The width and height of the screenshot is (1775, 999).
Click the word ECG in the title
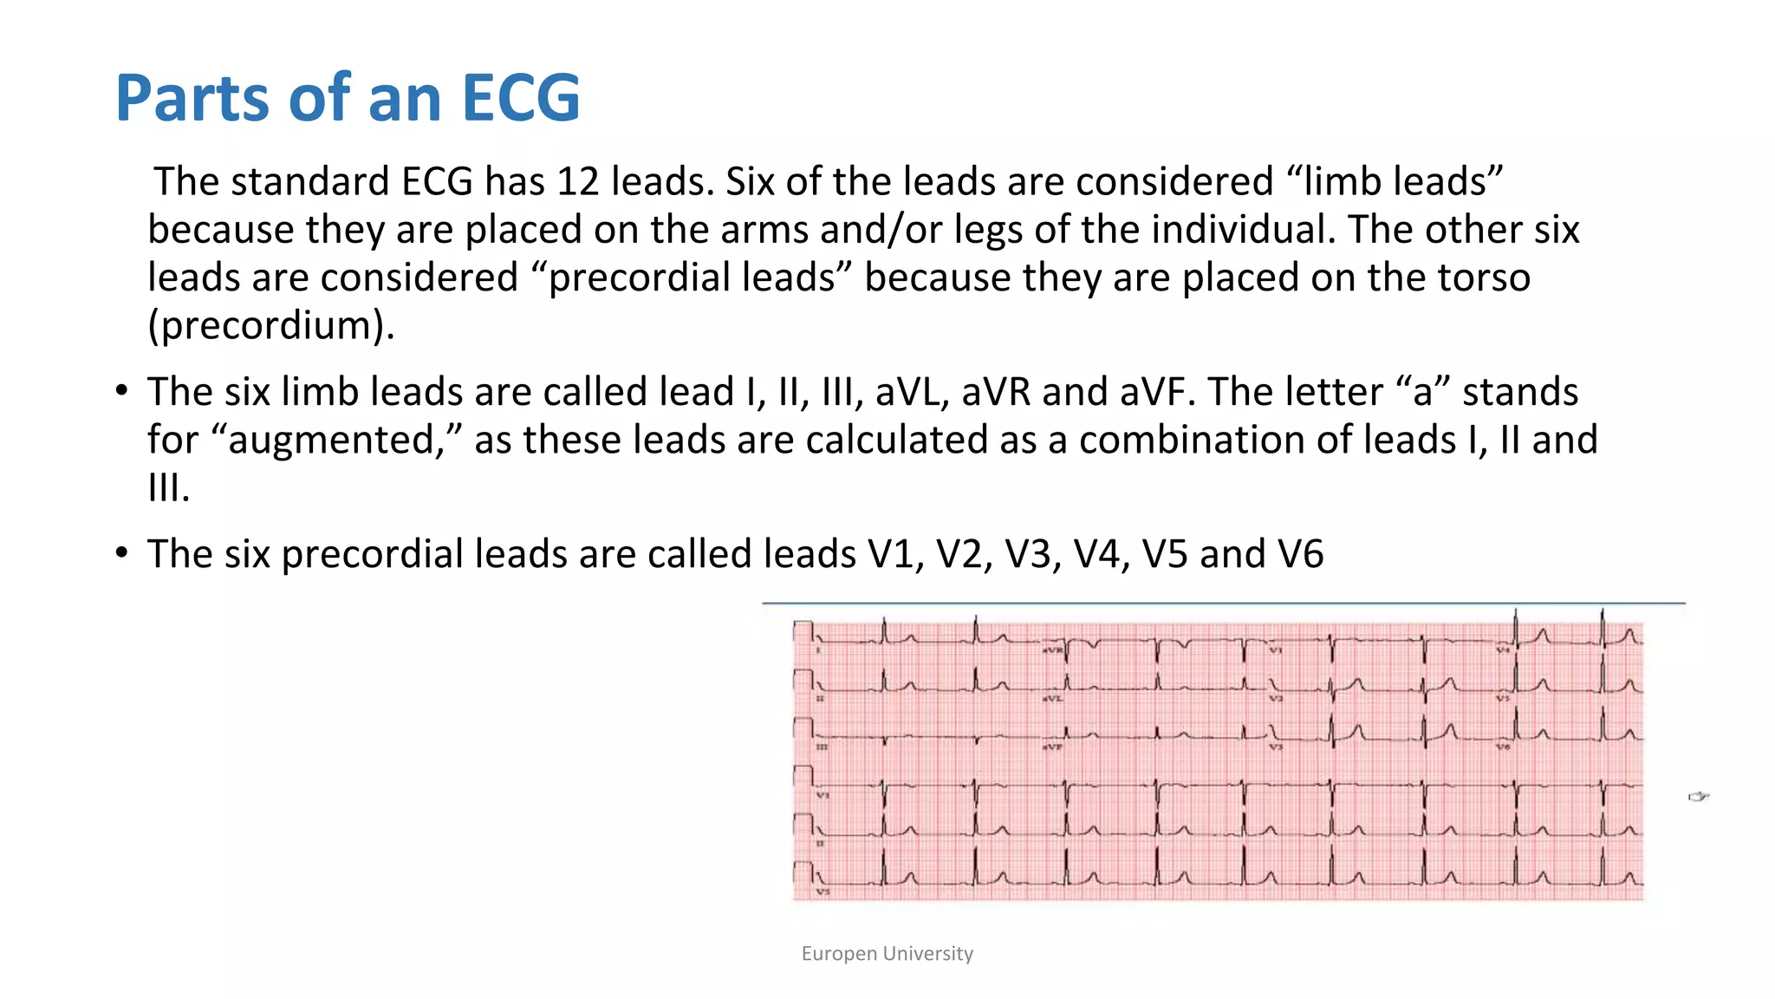[x=520, y=97]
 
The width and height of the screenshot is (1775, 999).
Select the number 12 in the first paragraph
[x=577, y=181]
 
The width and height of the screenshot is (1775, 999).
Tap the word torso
[x=1484, y=277]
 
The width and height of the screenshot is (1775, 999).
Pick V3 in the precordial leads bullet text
[x=1032, y=554]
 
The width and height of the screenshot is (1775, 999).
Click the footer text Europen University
[x=887, y=954]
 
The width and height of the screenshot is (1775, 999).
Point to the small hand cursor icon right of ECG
[x=1698, y=796]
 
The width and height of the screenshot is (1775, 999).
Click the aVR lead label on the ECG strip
[x=1052, y=650]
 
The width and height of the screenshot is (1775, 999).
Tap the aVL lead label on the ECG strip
[x=1052, y=698]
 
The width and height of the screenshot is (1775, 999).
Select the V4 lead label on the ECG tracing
[x=1502, y=650]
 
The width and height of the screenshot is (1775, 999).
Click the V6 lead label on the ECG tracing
[x=1502, y=747]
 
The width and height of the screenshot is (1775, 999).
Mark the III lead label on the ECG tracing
[x=821, y=747]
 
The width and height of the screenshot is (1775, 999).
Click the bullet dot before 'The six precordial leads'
[x=122, y=552]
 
